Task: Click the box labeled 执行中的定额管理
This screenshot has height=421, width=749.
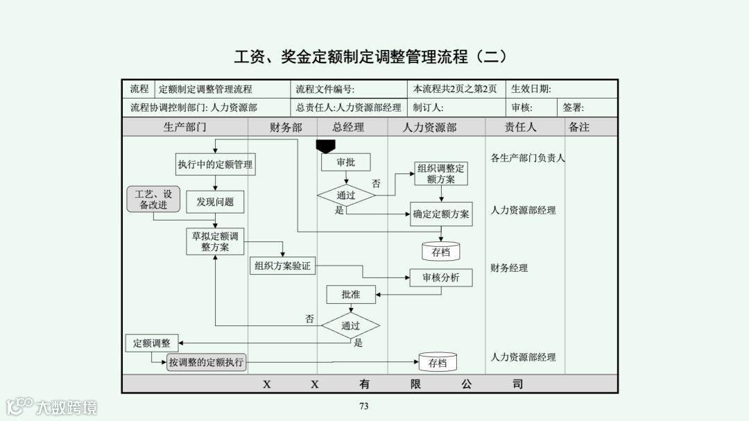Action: [215, 164]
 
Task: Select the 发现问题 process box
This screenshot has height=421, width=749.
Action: [215, 202]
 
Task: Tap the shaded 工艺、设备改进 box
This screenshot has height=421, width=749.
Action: [153, 199]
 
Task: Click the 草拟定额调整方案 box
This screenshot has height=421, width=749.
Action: [215, 241]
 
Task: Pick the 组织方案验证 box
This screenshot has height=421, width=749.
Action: [282, 266]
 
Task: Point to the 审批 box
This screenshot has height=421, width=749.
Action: [345, 162]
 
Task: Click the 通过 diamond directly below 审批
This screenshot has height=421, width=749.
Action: [346, 196]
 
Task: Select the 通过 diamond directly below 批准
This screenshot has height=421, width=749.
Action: [350, 325]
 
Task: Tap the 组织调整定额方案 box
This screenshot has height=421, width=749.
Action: [441, 173]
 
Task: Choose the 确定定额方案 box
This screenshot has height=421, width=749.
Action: [441, 214]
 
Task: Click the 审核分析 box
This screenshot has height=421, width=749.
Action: [441, 277]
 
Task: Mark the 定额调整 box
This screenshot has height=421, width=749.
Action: [152, 343]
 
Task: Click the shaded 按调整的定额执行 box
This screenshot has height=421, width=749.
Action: [207, 362]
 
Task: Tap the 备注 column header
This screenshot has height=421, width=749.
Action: [578, 128]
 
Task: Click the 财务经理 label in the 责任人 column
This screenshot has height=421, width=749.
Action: [509, 268]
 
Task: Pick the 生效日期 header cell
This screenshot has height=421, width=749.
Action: [531, 89]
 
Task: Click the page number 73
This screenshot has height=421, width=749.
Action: [363, 406]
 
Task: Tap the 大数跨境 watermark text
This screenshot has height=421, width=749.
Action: [67, 407]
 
